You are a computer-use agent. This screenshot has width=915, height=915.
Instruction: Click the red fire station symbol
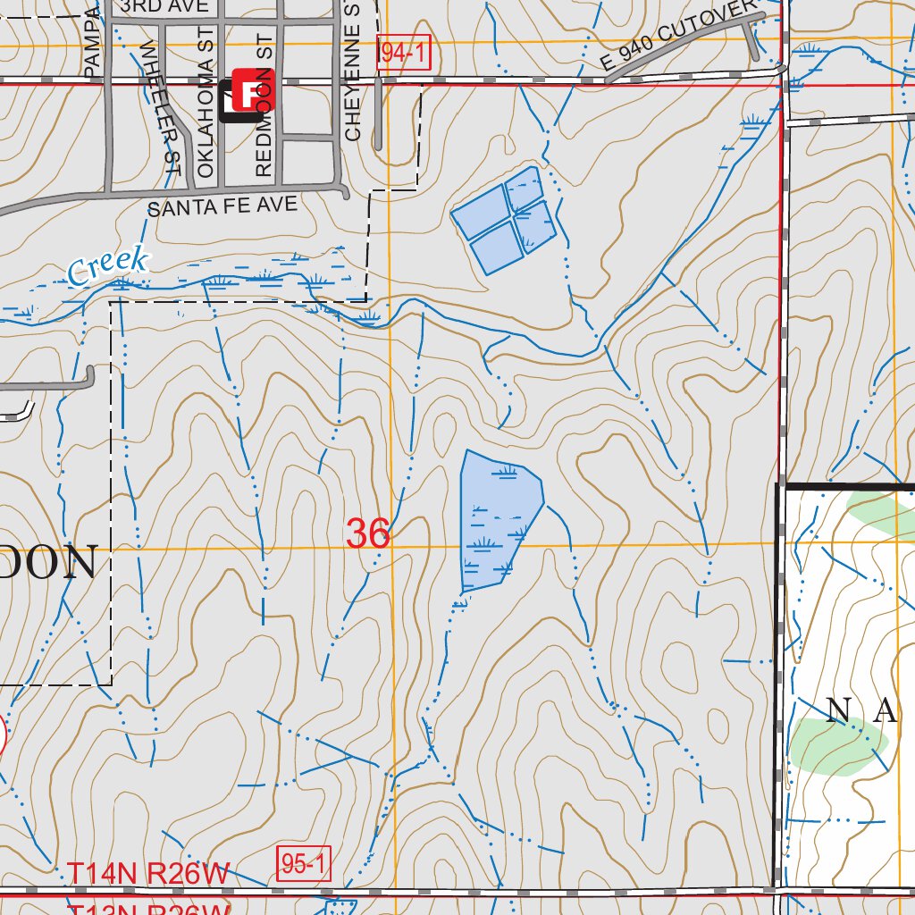coord(253,90)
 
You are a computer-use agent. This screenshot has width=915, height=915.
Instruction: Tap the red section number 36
coord(368,534)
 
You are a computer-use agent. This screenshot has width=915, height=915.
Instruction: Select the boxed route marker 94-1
coord(405,54)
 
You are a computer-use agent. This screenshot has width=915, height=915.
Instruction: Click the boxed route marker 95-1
coord(305,864)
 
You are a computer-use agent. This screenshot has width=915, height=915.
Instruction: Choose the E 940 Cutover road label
coord(679,36)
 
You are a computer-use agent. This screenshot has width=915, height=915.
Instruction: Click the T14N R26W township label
coord(149,873)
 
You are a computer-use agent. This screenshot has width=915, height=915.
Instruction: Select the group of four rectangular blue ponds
coord(505,220)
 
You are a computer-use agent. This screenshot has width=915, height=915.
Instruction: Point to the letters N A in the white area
coord(860,711)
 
